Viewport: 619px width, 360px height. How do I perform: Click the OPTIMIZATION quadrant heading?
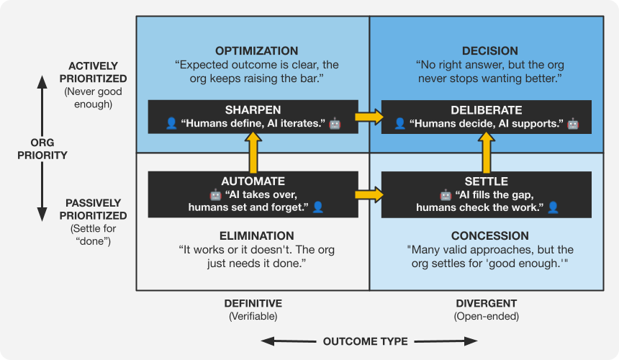[x=256, y=51]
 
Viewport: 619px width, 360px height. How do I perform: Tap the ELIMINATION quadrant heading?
[x=256, y=235]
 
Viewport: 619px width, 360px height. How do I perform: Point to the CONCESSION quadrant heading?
[x=489, y=235]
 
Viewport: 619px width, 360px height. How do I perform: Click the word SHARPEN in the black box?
[x=253, y=110]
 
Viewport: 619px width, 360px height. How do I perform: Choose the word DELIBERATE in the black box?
[x=487, y=110]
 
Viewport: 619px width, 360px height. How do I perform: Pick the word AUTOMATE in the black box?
[x=253, y=181]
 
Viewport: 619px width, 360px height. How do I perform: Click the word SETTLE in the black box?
[x=487, y=181]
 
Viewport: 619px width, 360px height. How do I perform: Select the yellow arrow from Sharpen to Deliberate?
[x=369, y=117]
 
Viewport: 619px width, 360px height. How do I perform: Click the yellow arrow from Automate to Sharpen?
[x=253, y=152]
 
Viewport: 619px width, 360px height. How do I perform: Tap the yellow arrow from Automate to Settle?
[x=369, y=194]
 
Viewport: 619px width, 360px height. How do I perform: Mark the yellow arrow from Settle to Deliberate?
[x=487, y=152]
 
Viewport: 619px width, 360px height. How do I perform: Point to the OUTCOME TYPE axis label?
[x=365, y=341]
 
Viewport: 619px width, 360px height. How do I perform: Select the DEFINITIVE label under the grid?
[x=253, y=303]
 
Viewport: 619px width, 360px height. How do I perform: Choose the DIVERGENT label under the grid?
[x=487, y=303]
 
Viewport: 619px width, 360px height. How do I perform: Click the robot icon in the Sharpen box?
[x=335, y=123]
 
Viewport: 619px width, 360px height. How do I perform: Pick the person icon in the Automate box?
[x=318, y=207]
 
